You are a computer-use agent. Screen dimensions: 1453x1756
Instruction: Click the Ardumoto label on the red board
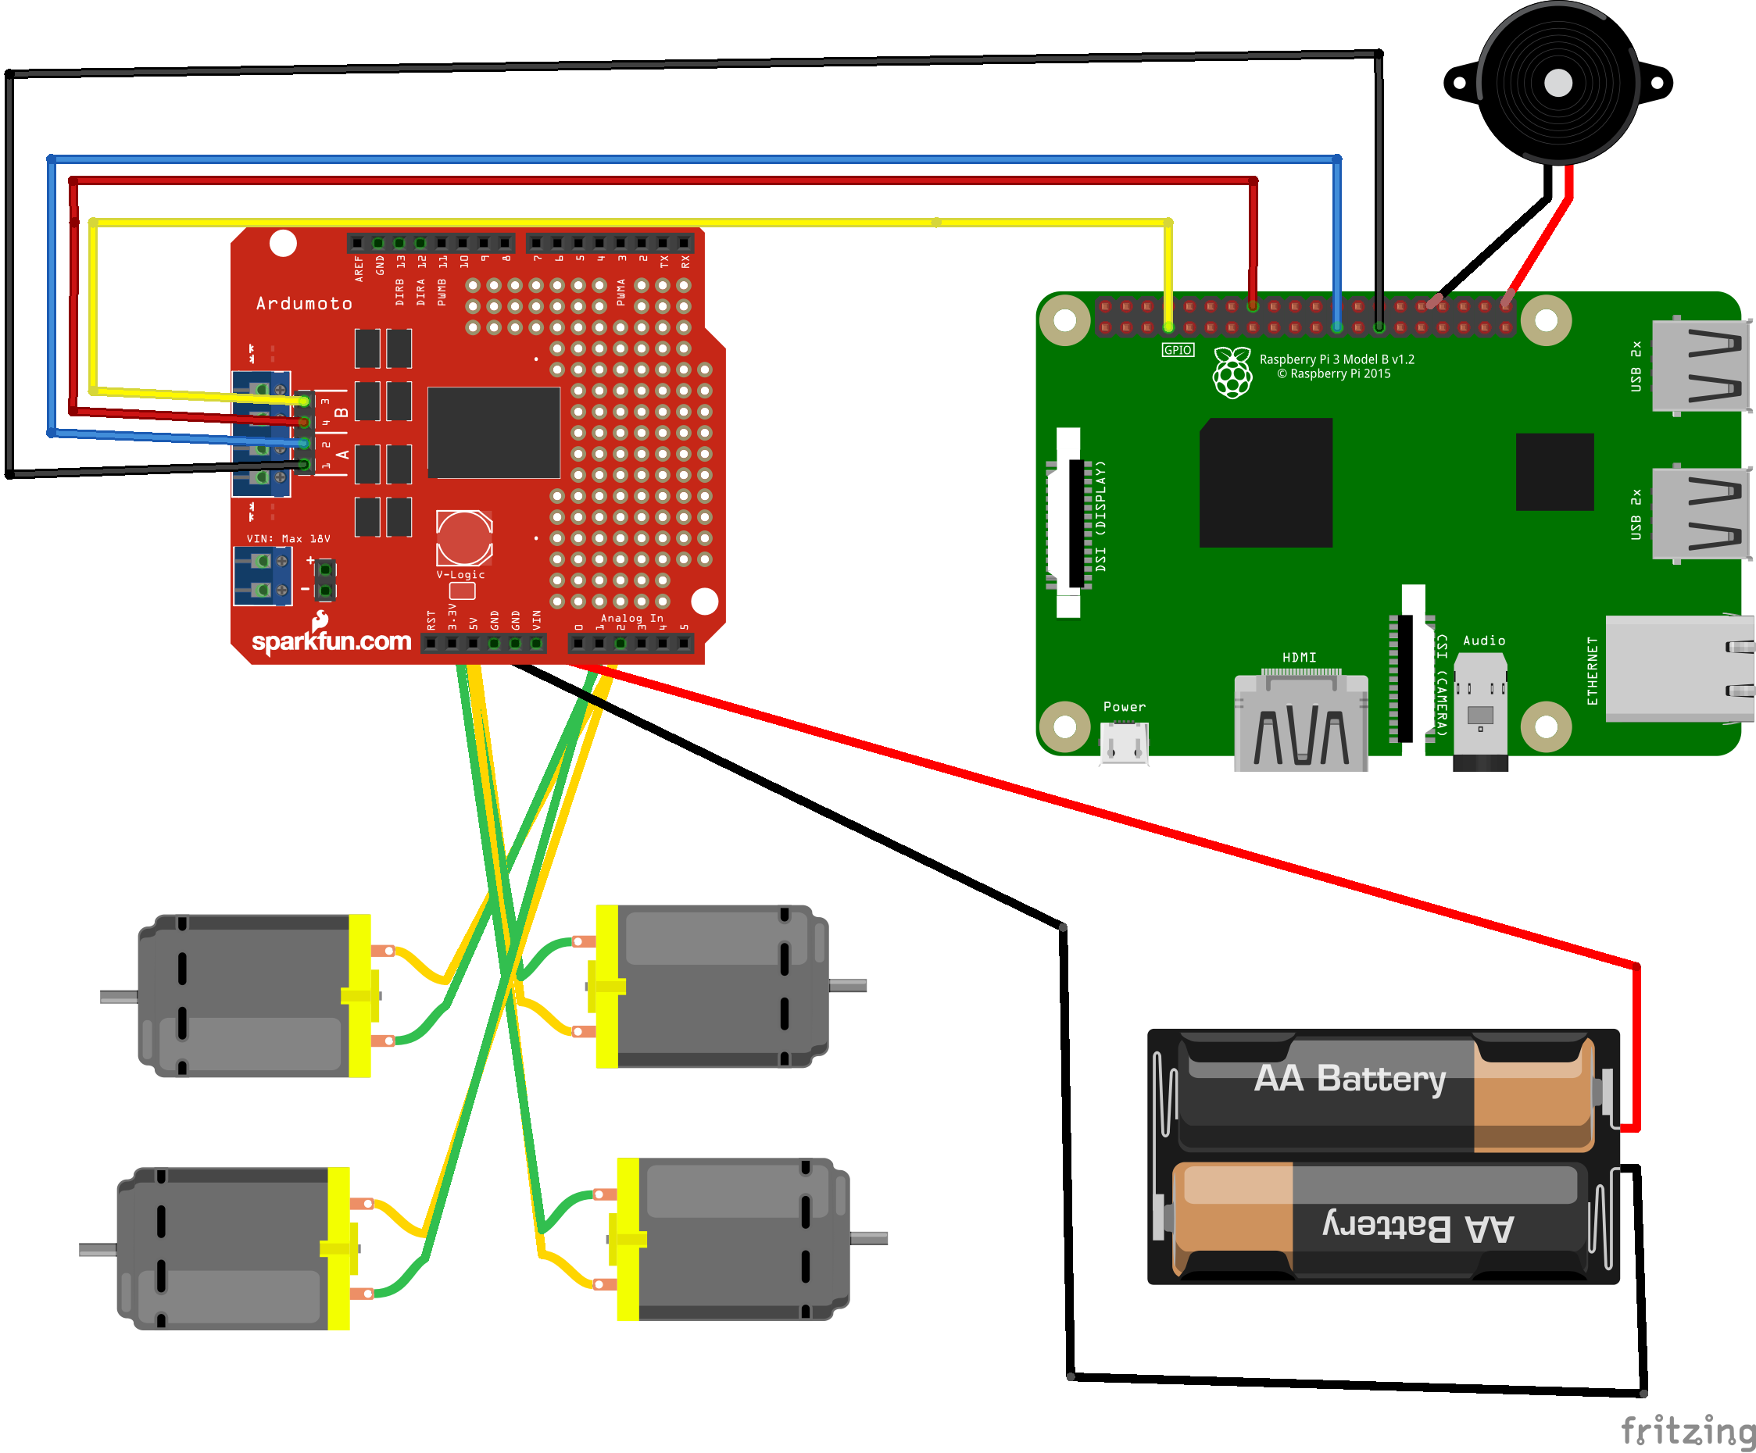(303, 303)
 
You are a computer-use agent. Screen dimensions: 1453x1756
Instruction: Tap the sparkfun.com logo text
(331, 641)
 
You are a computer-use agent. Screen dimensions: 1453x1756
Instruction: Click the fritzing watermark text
(1687, 1430)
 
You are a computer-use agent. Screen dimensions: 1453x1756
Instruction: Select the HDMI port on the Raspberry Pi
(1301, 723)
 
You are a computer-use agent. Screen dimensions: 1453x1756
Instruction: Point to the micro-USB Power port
(1124, 741)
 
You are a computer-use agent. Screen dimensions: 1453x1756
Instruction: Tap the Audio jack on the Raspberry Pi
(1480, 711)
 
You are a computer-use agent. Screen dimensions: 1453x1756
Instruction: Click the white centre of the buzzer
(1558, 83)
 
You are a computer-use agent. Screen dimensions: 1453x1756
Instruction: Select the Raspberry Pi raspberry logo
(1232, 373)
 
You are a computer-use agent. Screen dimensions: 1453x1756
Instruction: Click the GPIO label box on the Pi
(1178, 350)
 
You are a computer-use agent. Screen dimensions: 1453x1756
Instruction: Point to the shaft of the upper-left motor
(119, 997)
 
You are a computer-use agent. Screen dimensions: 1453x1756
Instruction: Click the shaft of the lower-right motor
(869, 1238)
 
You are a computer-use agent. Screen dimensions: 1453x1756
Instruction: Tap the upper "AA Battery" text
(1350, 1079)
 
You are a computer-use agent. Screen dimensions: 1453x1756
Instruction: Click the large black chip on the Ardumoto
(493, 432)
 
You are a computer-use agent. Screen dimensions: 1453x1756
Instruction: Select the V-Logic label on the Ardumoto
(461, 575)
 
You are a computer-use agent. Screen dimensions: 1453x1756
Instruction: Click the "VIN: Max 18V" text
(288, 539)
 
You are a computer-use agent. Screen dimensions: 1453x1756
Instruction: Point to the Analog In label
(631, 619)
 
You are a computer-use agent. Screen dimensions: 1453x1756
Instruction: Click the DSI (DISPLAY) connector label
(1100, 516)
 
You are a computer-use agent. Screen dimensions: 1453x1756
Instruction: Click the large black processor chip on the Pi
(1265, 483)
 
